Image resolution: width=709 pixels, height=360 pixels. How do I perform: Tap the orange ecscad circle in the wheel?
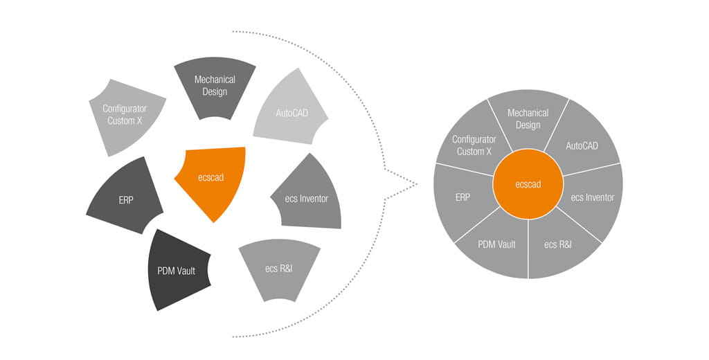[528, 184]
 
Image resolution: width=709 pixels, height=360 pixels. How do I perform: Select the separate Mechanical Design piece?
[215, 86]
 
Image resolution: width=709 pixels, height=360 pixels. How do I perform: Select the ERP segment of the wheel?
[463, 197]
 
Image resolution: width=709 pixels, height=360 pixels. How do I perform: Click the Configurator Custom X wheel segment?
[473, 145]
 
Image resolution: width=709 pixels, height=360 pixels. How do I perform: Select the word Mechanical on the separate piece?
[215, 80]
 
